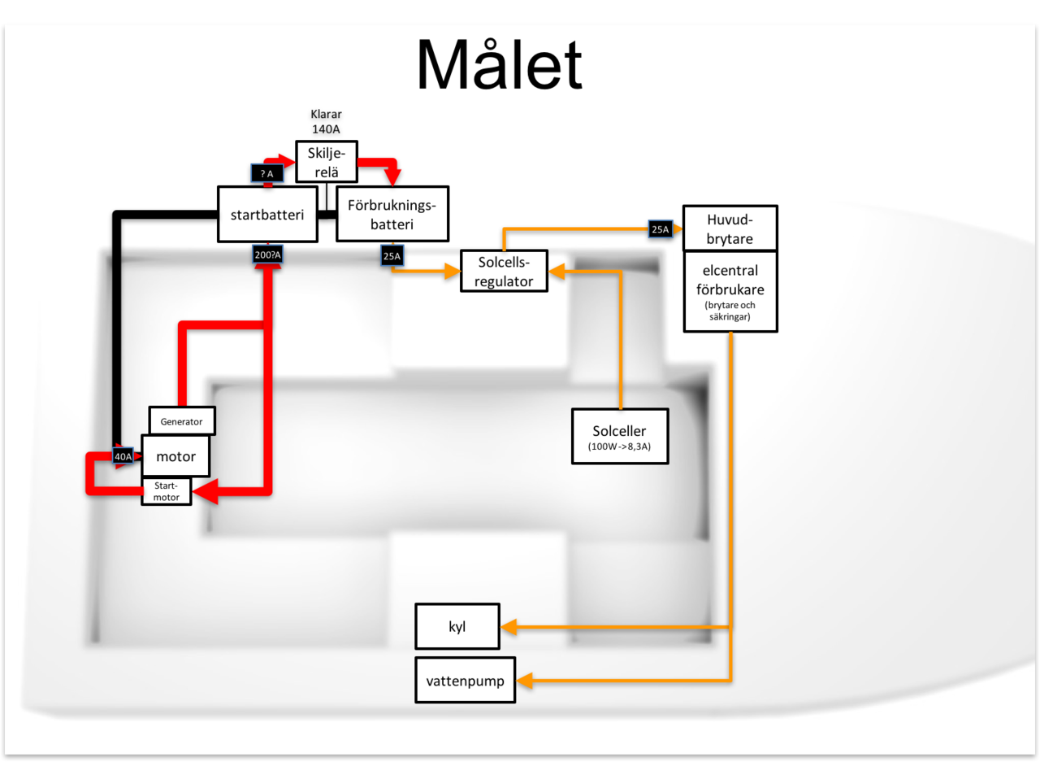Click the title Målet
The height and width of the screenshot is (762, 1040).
tap(499, 66)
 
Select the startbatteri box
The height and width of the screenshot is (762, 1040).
tap(267, 215)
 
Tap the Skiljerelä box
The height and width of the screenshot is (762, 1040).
tap(326, 162)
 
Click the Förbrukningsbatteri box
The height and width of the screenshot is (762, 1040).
tap(392, 214)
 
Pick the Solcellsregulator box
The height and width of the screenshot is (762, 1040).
tap(504, 271)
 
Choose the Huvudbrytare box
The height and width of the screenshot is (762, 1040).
tap(730, 229)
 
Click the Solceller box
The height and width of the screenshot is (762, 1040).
tap(619, 436)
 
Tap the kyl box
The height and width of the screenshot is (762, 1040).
tap(457, 627)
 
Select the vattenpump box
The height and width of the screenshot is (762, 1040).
tap(465, 680)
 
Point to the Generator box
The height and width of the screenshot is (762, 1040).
tap(182, 421)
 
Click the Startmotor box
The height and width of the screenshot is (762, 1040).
tap(167, 491)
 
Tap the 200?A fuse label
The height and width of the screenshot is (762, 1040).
tap(267, 255)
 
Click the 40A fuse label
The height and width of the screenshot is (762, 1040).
tap(123, 457)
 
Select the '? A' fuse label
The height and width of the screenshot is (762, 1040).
tap(266, 173)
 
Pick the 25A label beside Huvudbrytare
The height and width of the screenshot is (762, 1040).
tap(660, 229)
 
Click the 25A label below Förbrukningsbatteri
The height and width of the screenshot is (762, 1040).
tap(392, 257)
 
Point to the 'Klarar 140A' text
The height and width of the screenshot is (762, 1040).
tap(326, 121)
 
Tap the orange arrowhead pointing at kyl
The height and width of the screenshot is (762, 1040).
tap(508, 627)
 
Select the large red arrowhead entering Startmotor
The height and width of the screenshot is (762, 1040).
tap(204, 491)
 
